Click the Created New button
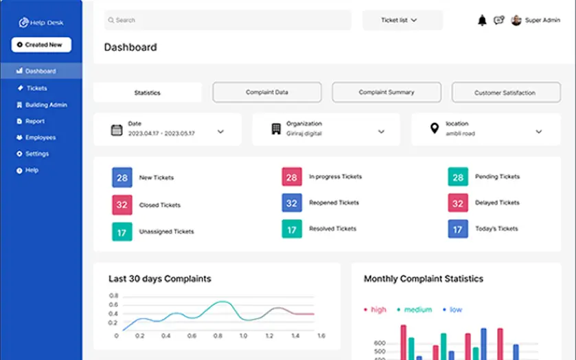(41, 45)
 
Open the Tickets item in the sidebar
(36, 88)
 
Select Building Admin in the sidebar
(45, 105)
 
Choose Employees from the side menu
(40, 137)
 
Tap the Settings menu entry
(36, 154)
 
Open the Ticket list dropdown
(402, 21)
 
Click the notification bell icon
(482, 21)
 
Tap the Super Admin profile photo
(516, 21)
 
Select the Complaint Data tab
(267, 92)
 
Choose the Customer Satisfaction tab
(505, 93)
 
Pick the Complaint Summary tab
(387, 92)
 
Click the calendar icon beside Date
(117, 130)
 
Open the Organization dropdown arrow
(381, 131)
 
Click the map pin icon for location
(434, 128)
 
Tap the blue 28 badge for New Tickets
(122, 177)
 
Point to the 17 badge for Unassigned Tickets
(122, 232)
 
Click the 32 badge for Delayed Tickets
(458, 203)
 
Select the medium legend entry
(413, 310)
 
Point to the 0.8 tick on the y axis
(114, 295)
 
